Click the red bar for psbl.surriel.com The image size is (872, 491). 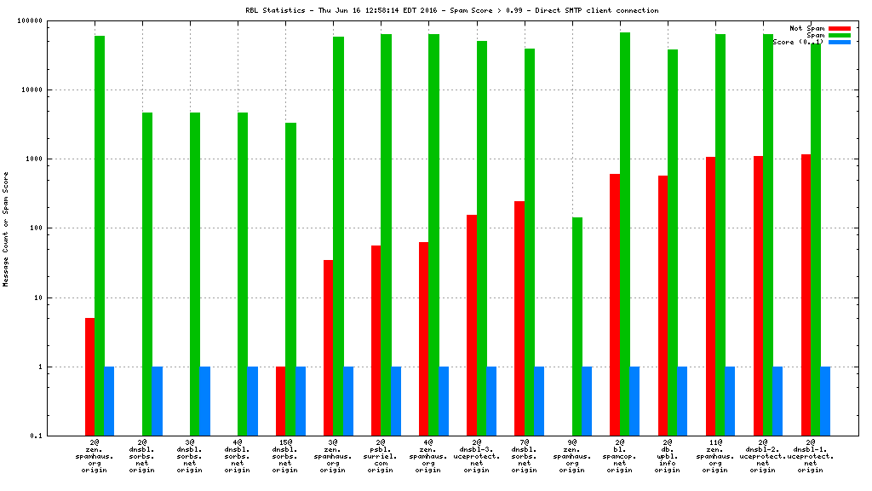point(376,340)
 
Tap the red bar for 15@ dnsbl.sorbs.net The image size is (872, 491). point(281,401)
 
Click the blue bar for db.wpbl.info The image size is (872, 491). point(682,401)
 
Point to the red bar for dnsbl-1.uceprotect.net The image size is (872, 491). point(806,295)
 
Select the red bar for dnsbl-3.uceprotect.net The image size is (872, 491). point(472,325)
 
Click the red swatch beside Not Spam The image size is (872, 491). point(839,28)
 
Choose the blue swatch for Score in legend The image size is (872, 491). point(839,42)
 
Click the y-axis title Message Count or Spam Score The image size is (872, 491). point(6,228)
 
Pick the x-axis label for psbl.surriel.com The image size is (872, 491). point(381,456)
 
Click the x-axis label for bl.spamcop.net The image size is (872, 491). point(619,456)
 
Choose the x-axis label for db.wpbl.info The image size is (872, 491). point(667,456)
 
